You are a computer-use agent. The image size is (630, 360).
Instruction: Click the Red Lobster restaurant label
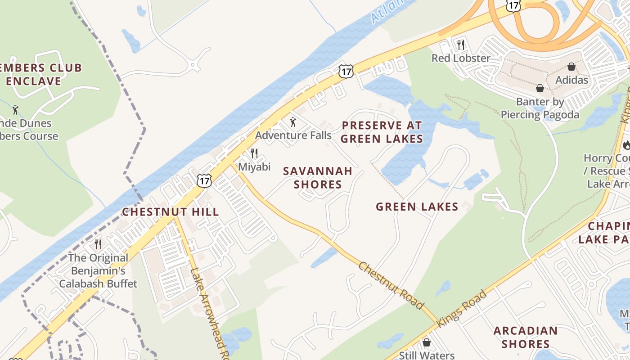460,58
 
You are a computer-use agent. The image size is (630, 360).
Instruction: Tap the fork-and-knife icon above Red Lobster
460,45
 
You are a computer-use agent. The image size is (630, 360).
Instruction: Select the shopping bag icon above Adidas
571,67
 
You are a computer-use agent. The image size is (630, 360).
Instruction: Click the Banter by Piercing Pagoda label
540,108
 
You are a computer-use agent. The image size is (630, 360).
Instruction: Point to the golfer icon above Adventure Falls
293,122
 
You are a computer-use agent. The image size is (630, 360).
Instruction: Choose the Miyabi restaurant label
254,167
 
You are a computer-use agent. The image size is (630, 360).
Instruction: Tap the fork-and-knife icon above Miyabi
254,153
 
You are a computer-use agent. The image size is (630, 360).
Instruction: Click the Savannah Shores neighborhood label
317,178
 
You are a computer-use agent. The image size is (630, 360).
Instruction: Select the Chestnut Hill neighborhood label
171,212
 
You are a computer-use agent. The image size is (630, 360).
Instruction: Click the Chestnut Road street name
391,285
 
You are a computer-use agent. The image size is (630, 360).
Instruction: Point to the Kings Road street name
462,309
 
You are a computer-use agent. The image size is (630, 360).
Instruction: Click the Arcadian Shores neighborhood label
525,337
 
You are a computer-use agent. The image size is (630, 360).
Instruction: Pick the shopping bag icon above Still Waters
427,343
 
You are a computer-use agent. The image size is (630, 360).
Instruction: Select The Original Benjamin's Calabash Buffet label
98,271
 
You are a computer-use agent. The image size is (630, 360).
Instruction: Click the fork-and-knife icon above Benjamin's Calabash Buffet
98,244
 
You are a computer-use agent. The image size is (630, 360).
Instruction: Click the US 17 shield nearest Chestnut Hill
204,180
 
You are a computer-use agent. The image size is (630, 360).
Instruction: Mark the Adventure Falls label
293,135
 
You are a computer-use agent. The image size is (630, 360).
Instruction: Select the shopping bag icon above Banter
540,88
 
